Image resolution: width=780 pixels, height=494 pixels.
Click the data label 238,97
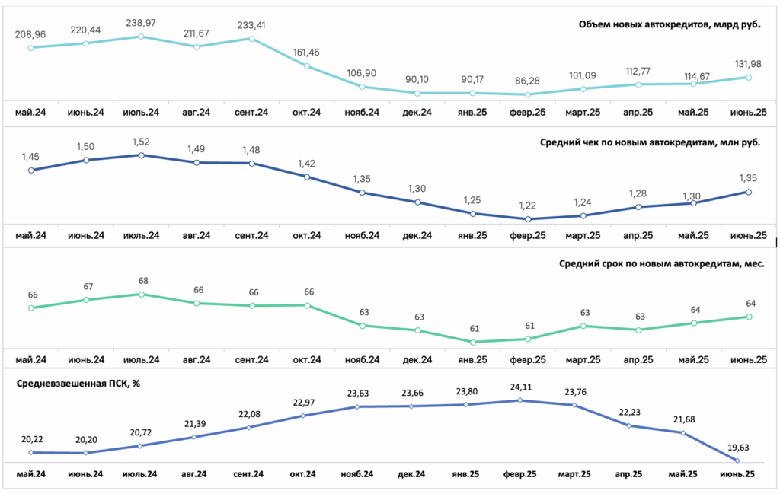point(141,23)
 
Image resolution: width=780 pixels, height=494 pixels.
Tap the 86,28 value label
point(527,81)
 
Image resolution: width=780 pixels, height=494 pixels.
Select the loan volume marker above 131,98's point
point(749,78)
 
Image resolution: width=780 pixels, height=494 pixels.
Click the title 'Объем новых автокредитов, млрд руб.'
point(670,24)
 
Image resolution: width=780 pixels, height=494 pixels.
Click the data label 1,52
point(141,142)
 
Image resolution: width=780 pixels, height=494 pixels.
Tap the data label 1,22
point(527,206)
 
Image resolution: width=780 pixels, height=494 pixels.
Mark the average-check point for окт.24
point(307,177)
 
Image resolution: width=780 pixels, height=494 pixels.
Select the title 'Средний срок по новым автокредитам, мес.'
point(662,264)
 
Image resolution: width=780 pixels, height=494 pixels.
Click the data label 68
point(143,281)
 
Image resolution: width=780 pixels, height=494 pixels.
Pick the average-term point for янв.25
point(472,342)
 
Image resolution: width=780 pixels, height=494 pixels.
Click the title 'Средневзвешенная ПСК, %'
point(78,384)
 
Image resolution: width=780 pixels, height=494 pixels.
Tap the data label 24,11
point(521,387)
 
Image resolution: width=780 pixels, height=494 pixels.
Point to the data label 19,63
point(737,448)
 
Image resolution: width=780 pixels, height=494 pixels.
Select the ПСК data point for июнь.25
point(737,461)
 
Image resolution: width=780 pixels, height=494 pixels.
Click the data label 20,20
point(87,440)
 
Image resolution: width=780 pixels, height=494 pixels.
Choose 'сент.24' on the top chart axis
point(251,113)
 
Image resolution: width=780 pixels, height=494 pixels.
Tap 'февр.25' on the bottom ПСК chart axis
point(519,474)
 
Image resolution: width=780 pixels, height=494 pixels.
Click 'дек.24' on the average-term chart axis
point(417,360)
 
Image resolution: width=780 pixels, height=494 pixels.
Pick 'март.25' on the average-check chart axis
point(583,235)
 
